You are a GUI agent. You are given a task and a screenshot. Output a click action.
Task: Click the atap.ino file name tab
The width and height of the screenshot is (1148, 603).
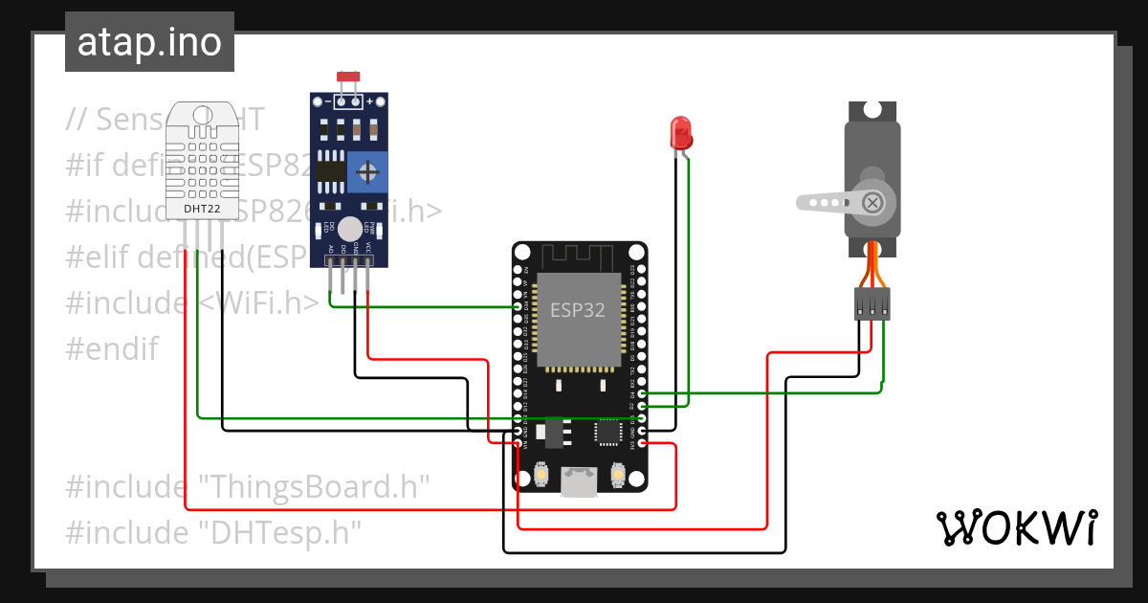tap(149, 42)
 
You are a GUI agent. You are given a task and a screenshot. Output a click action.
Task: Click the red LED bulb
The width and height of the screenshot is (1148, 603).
tap(681, 131)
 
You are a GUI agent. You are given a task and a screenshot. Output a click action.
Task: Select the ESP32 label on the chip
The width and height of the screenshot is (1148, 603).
tap(577, 310)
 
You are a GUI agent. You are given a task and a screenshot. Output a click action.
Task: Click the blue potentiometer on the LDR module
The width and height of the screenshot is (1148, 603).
tap(366, 172)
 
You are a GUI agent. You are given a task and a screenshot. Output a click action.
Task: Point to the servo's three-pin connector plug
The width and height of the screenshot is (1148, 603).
tap(872, 304)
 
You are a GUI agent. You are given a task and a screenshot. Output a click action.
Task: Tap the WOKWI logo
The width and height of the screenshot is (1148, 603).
tap(1016, 527)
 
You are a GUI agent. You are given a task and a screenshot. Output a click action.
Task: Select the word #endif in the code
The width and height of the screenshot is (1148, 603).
tap(112, 348)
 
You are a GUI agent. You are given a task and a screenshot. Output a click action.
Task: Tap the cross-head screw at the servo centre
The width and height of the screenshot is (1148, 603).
tap(872, 202)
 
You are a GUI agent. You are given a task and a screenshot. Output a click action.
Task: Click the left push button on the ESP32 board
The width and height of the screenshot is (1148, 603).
tap(541, 475)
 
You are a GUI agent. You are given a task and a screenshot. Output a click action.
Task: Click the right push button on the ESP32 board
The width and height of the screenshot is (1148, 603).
tap(617, 475)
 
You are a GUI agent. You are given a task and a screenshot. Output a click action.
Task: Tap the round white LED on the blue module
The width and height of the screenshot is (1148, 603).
tap(351, 228)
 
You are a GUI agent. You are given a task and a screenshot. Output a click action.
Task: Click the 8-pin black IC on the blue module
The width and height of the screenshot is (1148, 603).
tap(331, 171)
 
